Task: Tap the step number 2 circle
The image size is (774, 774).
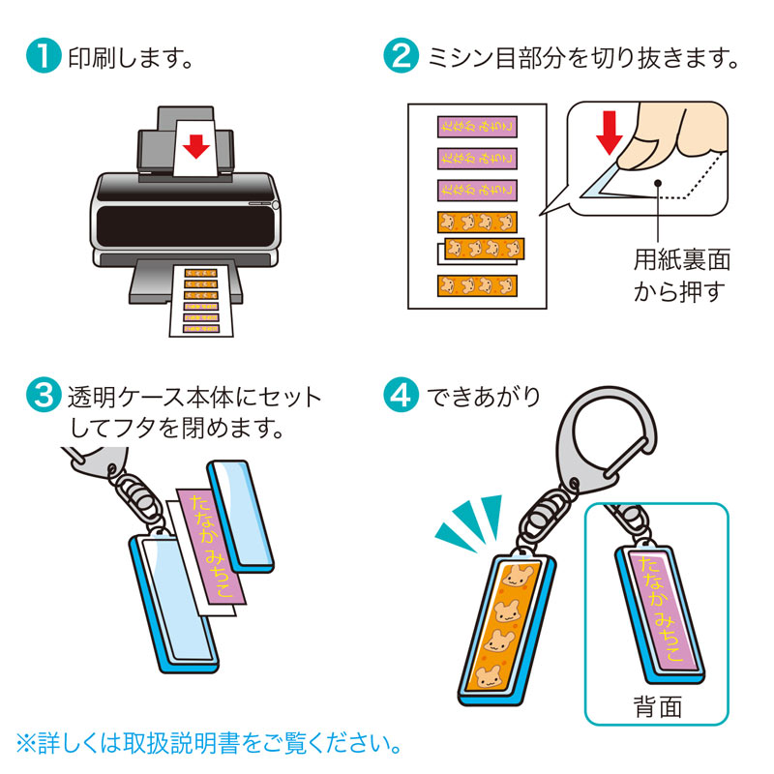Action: tap(402, 57)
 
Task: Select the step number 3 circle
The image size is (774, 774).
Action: tap(43, 396)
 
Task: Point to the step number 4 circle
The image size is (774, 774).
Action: tap(402, 396)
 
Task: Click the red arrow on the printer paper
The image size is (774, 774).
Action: tap(196, 146)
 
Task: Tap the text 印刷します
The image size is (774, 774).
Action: tap(125, 57)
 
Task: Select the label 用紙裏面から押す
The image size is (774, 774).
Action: tap(681, 275)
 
